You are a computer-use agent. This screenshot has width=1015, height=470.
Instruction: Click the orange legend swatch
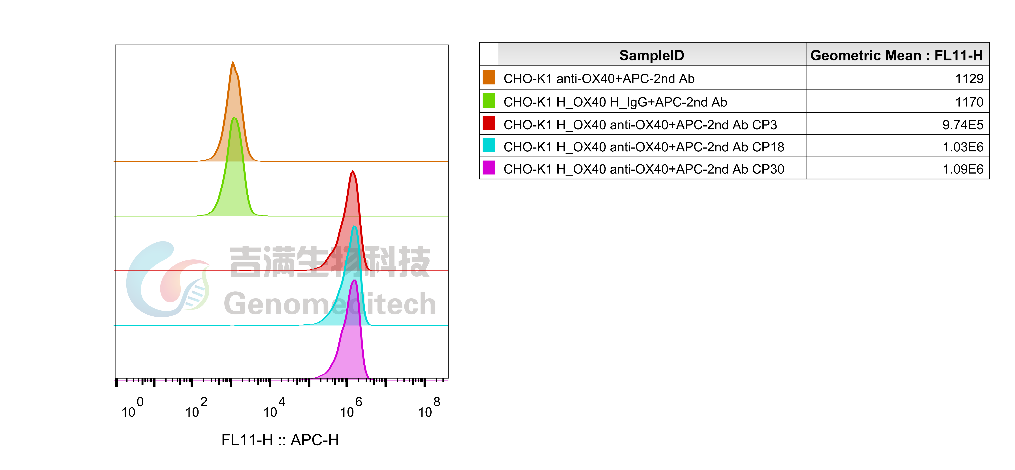coord(489,77)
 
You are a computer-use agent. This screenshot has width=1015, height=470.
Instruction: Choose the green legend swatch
coord(489,100)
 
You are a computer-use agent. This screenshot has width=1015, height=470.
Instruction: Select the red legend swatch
coord(489,123)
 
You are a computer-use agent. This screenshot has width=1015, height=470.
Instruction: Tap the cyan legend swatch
coord(489,145)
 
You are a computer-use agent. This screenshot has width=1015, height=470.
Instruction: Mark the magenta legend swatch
coord(489,168)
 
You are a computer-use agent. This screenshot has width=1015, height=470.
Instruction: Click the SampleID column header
coord(652,55)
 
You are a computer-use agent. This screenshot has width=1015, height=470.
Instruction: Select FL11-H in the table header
coord(958,55)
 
